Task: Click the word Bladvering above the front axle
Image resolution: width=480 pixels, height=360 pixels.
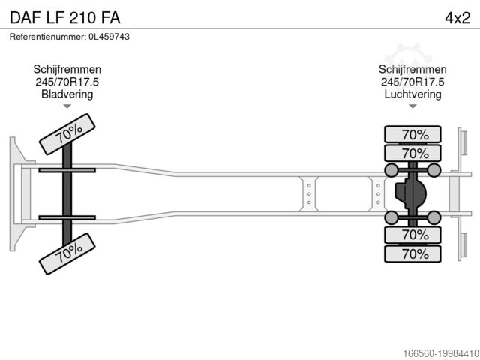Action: click(x=67, y=94)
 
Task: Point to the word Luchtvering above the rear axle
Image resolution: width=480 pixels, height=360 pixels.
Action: click(x=412, y=94)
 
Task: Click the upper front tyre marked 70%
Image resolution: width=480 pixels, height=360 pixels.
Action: click(x=67, y=134)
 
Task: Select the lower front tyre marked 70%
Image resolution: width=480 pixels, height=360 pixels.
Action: click(x=67, y=253)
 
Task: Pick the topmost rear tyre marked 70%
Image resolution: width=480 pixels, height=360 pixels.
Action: click(x=414, y=135)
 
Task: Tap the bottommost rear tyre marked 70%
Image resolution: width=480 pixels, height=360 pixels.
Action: click(x=414, y=253)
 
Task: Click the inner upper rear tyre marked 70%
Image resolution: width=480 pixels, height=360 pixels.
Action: click(x=414, y=154)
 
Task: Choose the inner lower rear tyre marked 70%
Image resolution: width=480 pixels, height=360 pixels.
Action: click(x=414, y=235)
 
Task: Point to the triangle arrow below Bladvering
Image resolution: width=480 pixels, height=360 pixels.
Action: click(x=67, y=107)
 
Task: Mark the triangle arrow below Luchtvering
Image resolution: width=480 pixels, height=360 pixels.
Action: click(x=412, y=107)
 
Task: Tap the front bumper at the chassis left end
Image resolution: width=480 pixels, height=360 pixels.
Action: click(x=13, y=193)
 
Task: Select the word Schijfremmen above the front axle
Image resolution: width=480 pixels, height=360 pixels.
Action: click(x=67, y=70)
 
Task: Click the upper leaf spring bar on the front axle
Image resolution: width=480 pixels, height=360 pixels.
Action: click(x=67, y=171)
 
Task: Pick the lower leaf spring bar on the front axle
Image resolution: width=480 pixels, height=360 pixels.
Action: click(x=67, y=217)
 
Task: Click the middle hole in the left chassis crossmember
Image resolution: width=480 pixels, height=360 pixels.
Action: click(x=308, y=194)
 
